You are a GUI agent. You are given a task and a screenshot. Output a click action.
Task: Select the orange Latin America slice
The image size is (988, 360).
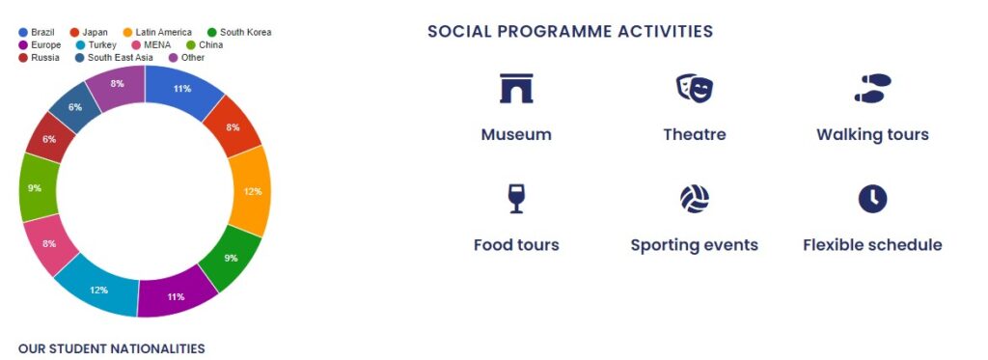click(x=252, y=191)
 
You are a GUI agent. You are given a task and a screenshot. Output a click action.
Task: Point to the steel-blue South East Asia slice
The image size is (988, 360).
click(x=75, y=107)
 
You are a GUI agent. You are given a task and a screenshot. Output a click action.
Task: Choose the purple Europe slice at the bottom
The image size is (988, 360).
click(x=176, y=295)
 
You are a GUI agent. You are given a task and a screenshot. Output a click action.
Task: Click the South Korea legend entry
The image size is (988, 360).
click(x=239, y=32)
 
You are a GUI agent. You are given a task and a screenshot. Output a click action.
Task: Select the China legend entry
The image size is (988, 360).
click(x=205, y=44)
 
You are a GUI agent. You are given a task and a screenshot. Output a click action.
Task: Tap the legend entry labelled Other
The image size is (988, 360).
click(x=187, y=57)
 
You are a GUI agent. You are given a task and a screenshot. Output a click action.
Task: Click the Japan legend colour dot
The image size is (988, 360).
click(x=74, y=32)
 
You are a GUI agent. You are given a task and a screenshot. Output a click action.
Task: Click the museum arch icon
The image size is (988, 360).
click(x=516, y=88)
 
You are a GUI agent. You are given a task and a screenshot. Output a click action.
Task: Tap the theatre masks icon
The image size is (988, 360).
click(x=695, y=88)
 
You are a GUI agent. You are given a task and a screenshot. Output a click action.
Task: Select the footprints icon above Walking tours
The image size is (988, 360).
click(x=872, y=88)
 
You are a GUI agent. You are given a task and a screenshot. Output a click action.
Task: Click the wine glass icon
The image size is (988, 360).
click(x=516, y=199)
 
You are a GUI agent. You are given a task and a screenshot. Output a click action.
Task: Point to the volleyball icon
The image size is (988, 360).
click(x=695, y=199)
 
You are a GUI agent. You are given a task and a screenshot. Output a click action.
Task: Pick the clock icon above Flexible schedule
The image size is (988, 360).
click(x=872, y=199)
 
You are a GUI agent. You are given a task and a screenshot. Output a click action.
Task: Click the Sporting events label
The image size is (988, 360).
click(x=695, y=244)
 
